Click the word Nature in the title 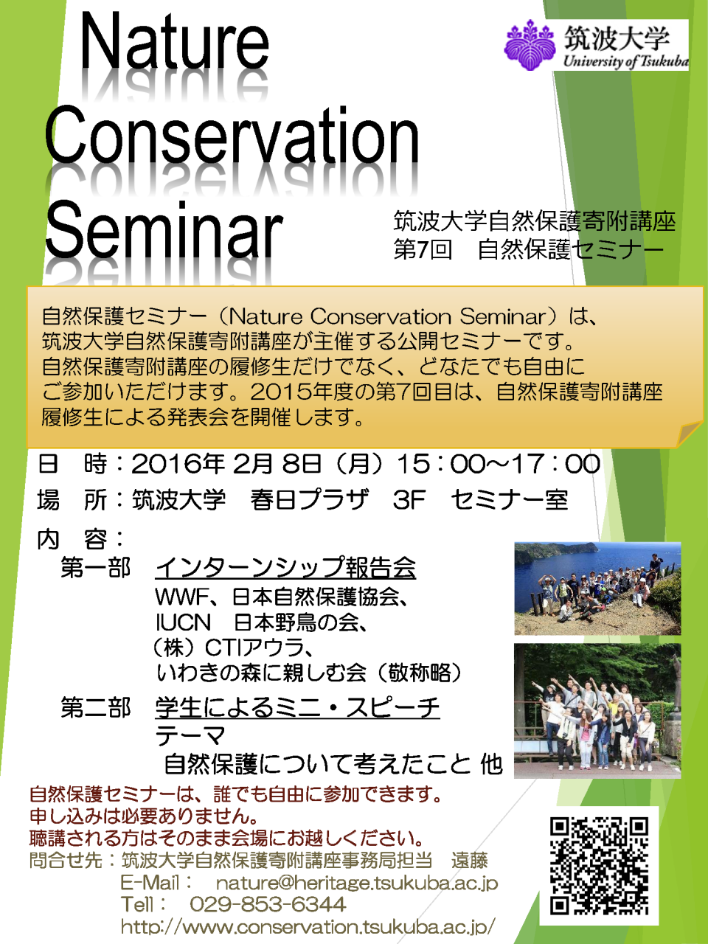point(174,46)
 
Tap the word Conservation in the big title point(232,135)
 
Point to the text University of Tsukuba point(625,61)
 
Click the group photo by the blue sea point(597,589)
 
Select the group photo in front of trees point(597,711)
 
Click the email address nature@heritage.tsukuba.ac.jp point(357,884)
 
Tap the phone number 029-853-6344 point(268,904)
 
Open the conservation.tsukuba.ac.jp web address point(308,926)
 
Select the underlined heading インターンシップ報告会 point(285,568)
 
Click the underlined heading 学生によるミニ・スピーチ point(297,708)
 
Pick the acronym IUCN point(183,622)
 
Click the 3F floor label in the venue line point(409,500)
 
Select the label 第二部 point(95,708)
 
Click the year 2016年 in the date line point(178,465)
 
